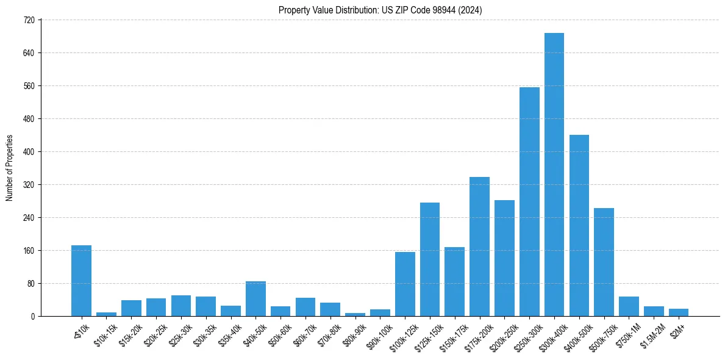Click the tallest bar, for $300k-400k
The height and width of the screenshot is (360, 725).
[554, 175]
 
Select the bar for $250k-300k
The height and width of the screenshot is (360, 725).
[529, 201]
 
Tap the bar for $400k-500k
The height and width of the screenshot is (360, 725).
[579, 225]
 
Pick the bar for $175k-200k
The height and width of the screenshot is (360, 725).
[479, 247]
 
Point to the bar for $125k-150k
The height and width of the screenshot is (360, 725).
[429, 259]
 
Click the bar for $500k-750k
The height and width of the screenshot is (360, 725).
[604, 262]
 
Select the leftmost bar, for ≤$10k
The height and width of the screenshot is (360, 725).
[81, 281]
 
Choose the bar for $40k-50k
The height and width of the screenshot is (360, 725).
[255, 298]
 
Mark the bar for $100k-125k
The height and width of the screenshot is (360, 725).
[405, 284]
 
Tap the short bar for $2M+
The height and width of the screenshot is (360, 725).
[678, 312]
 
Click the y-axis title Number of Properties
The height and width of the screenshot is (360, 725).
[9, 168]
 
